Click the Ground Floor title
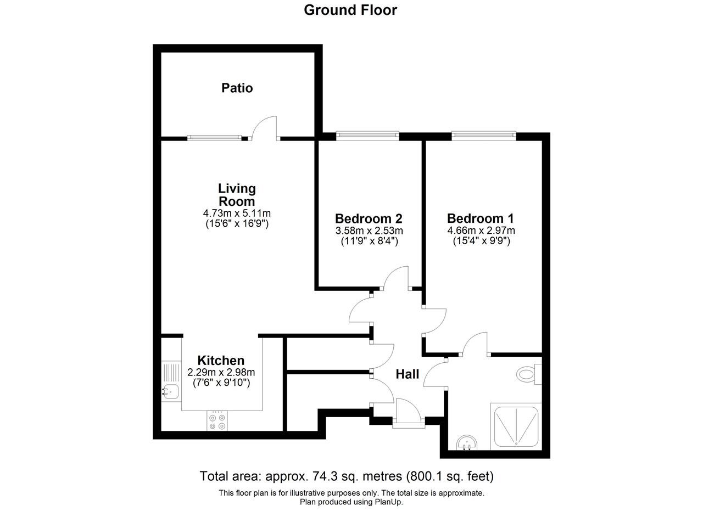(x=350, y=10)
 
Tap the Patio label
(x=237, y=88)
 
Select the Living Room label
(x=237, y=195)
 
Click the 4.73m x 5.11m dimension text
(x=237, y=214)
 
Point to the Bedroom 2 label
(x=369, y=218)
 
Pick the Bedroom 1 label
(x=481, y=218)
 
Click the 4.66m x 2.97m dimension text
(x=481, y=231)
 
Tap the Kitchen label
(x=221, y=361)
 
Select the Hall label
(x=408, y=374)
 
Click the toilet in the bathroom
(x=529, y=374)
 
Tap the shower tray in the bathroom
(x=516, y=426)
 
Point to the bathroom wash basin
(x=467, y=442)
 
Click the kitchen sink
(x=170, y=392)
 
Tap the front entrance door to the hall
(x=409, y=412)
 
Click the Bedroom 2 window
(x=367, y=136)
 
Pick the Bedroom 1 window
(x=484, y=136)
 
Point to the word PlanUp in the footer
(x=388, y=502)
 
